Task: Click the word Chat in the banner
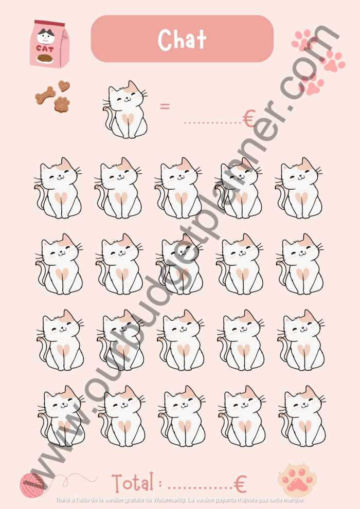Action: point(182,39)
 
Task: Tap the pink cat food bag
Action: point(49,44)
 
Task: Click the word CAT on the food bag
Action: point(45,49)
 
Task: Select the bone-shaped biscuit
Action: point(45,95)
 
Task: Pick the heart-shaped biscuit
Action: point(64,86)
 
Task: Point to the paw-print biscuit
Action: point(62,104)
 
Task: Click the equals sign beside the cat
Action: point(165,106)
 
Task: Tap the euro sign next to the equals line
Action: point(249,118)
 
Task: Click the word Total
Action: point(133,483)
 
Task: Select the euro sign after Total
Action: point(240,484)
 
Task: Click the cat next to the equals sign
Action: point(125,110)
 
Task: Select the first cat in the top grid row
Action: point(58,188)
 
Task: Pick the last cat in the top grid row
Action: point(299,188)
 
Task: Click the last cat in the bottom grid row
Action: point(302,416)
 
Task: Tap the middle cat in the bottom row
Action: point(182,416)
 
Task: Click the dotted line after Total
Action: point(200,488)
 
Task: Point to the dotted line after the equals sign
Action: point(212,123)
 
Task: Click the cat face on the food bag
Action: point(46,35)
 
